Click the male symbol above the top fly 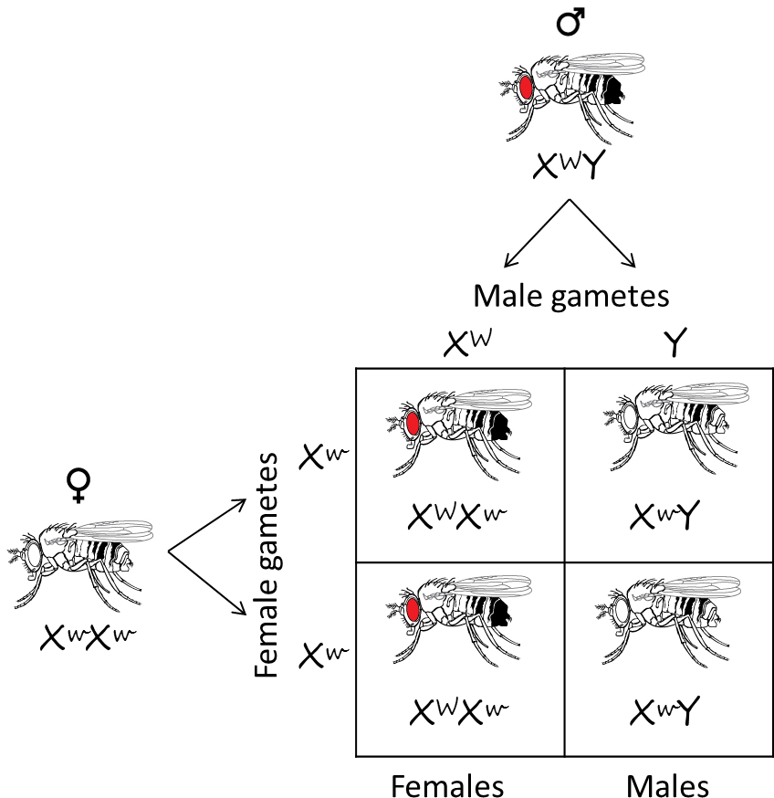click(x=570, y=23)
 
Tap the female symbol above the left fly click(x=78, y=486)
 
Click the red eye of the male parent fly click(x=526, y=88)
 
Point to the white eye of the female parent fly click(x=34, y=556)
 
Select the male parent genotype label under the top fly click(x=570, y=165)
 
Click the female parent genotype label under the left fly click(x=89, y=637)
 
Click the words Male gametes click(x=571, y=296)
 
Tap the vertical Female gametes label click(x=267, y=565)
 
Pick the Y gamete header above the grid click(x=675, y=342)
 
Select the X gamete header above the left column click(x=468, y=342)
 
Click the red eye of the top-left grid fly click(x=413, y=424)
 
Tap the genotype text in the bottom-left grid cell click(x=459, y=711)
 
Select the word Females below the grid click(x=447, y=786)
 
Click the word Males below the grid click(x=667, y=786)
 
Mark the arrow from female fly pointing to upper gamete click(x=207, y=525)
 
